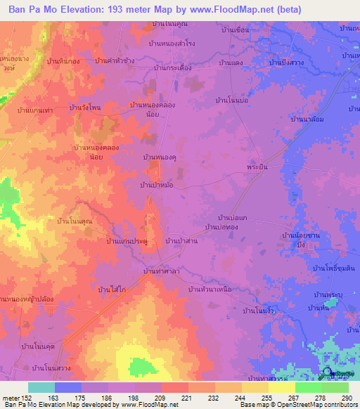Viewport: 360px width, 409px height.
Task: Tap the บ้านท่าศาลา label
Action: [161, 271]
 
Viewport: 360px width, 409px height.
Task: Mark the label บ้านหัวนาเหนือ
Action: [211, 289]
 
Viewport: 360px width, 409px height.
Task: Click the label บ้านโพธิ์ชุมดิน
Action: [333, 268]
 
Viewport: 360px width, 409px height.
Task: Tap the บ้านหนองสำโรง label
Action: [172, 44]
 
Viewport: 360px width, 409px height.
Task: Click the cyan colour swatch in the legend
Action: [41, 387]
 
